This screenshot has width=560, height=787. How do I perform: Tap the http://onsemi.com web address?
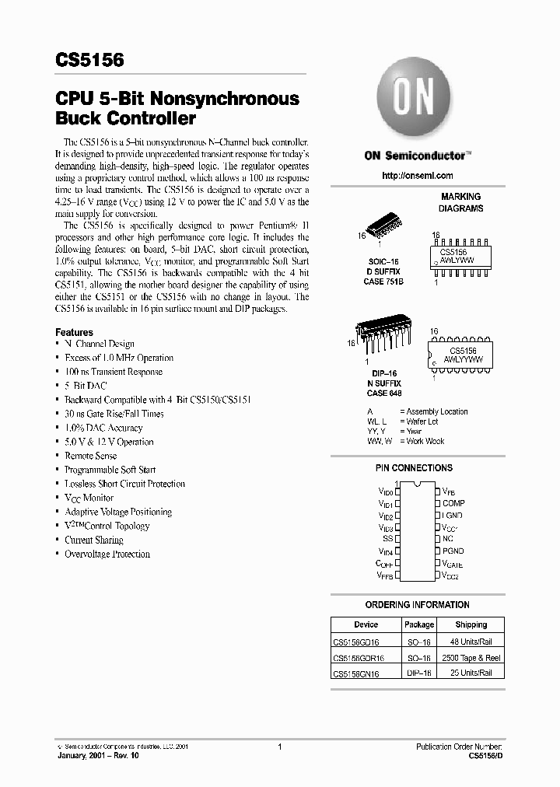[417, 177]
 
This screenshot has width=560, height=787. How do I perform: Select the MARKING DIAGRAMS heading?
[460, 202]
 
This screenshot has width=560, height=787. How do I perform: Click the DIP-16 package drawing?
[383, 336]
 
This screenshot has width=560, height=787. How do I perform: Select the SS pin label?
[387, 538]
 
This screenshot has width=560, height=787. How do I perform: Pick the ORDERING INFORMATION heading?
[417, 604]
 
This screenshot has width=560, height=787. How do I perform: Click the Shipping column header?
[471, 624]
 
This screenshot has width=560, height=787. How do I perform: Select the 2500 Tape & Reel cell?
[471, 657]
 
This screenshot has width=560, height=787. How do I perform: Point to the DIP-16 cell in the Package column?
[419, 673]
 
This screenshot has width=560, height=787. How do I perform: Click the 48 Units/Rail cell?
[471, 642]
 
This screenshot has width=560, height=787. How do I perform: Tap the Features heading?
[74, 331]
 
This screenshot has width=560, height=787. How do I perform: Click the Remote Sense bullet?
[90, 456]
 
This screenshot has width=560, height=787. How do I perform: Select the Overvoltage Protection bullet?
[107, 554]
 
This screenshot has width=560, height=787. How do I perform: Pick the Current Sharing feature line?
[93, 540]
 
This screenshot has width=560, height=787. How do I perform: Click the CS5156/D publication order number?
[487, 755]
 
